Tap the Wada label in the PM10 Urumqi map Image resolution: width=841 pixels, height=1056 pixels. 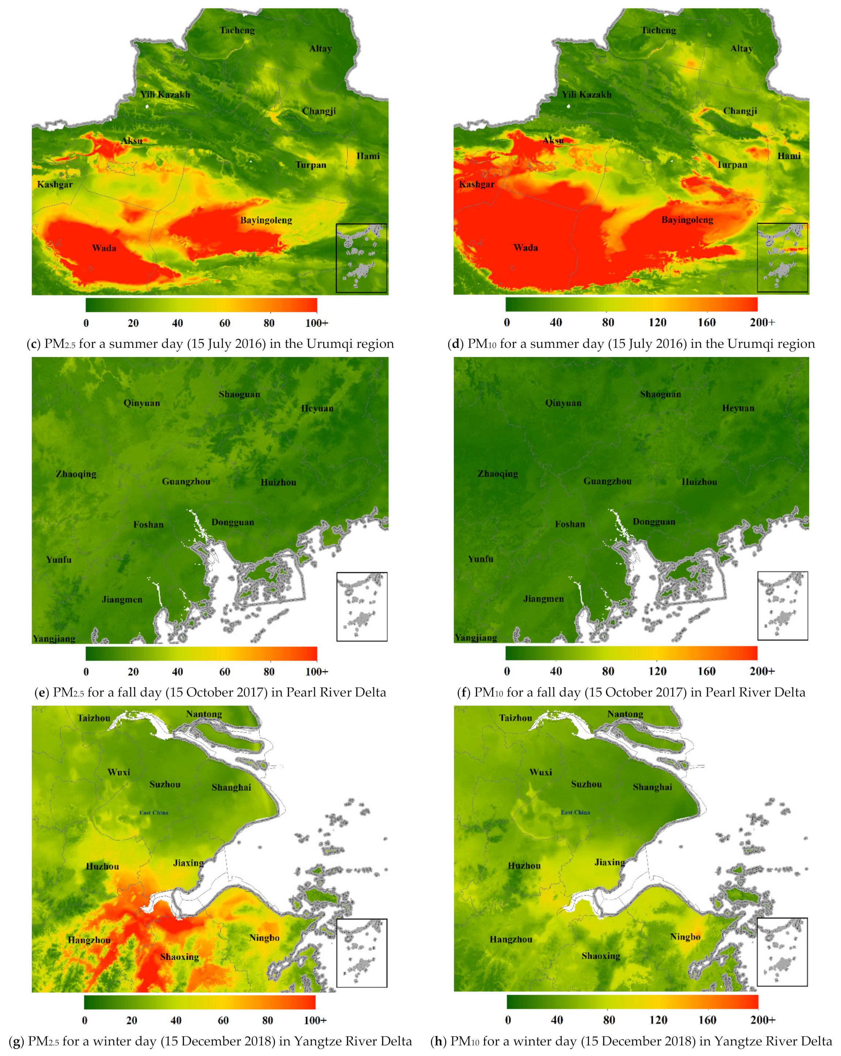click(525, 247)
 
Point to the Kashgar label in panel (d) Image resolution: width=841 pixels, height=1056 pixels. click(476, 184)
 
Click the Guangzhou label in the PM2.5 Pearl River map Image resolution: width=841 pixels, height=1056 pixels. click(186, 482)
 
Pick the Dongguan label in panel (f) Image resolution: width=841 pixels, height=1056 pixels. click(654, 522)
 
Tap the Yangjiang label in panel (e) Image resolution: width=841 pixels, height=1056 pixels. click(54, 638)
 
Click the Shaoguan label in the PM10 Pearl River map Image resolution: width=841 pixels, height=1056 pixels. click(660, 394)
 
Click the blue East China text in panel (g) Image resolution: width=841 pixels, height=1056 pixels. click(154, 813)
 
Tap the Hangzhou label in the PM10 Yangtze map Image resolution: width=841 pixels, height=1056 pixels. click(511, 939)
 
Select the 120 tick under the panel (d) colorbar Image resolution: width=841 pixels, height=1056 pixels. click(657, 322)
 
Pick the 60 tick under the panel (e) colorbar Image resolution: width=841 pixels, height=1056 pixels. click(224, 672)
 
